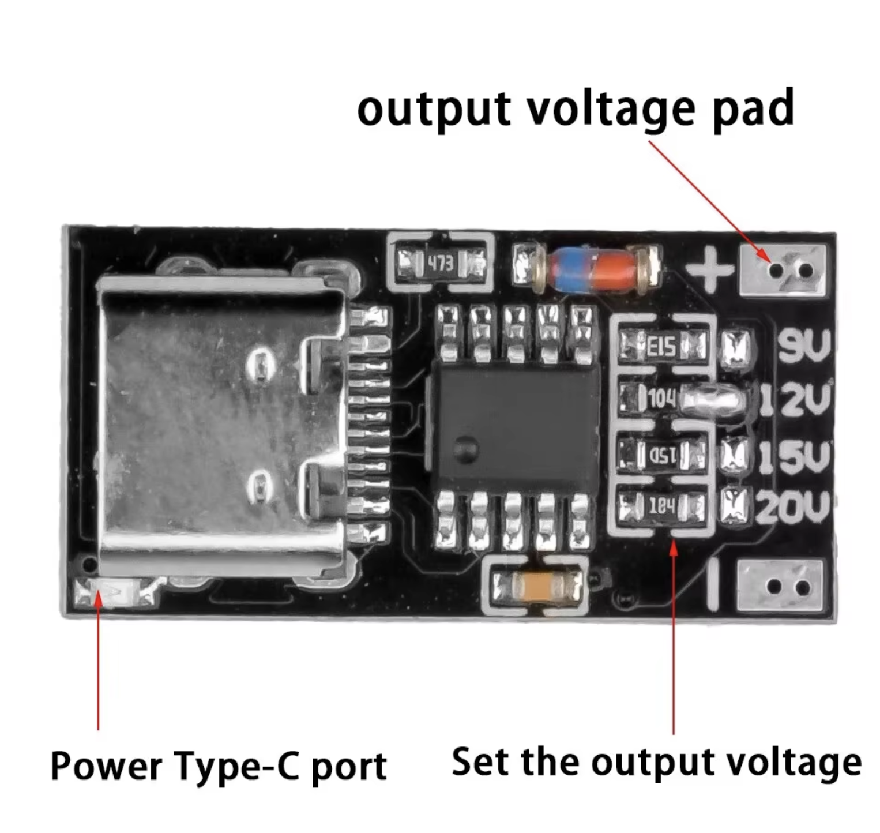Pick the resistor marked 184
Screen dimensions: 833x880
[661, 506]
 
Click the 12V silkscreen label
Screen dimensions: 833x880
[796, 400]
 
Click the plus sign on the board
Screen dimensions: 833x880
[709, 268]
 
